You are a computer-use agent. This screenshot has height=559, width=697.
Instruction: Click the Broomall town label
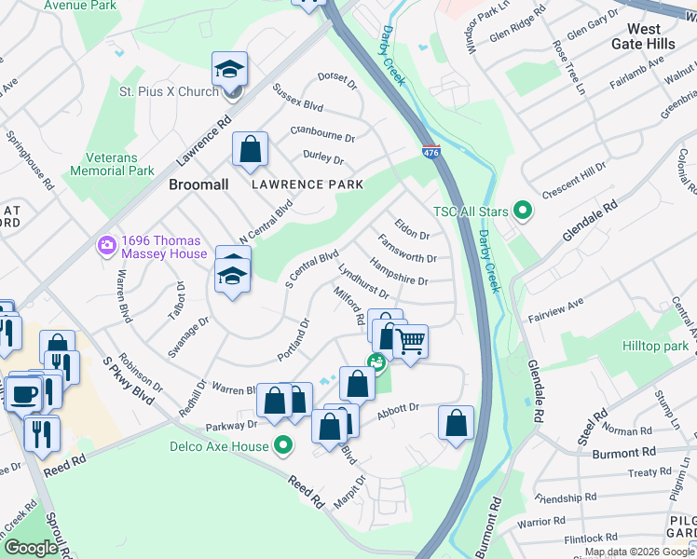[x=198, y=185]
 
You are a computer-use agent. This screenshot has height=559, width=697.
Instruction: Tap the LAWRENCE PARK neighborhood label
[x=307, y=184]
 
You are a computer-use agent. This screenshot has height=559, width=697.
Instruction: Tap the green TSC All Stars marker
[x=522, y=211]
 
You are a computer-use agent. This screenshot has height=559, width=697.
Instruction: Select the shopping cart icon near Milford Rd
[x=408, y=343]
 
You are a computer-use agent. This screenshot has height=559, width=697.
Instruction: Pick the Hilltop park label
[x=655, y=346]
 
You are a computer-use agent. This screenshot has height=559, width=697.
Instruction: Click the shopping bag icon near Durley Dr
[x=250, y=149]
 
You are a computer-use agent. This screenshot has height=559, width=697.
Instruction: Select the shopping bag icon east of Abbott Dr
[x=456, y=422]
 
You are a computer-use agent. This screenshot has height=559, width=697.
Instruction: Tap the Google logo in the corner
[x=31, y=547]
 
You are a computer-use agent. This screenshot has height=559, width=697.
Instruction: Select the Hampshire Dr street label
[x=398, y=273]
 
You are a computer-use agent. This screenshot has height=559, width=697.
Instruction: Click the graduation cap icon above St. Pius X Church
[x=229, y=68]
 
